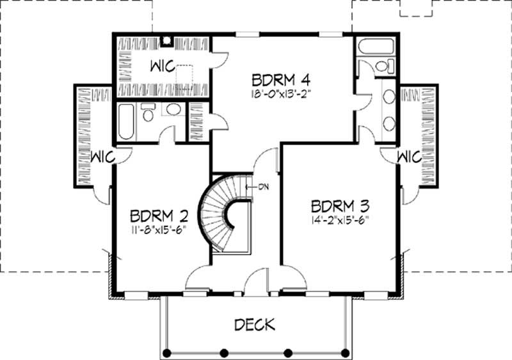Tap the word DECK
pos(255,324)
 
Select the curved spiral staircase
pos(221,214)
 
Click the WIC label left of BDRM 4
pos(165,67)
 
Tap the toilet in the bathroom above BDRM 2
pos(148,114)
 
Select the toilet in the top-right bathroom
pos(383,66)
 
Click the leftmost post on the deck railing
pos(166,352)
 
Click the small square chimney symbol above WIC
pos(166,41)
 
